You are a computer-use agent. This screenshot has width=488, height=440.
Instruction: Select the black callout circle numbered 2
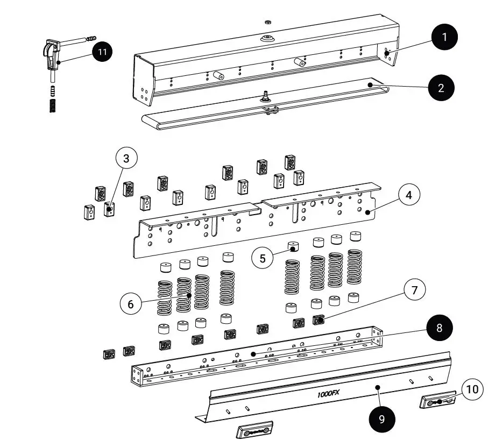coord(441,88)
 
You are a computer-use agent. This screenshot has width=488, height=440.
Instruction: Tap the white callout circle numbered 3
coord(126,159)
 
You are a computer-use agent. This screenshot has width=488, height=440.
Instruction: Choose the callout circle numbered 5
coord(263,258)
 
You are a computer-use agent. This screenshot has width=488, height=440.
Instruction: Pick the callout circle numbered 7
coord(414,290)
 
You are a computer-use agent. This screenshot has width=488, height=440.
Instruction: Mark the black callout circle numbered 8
coord(440,328)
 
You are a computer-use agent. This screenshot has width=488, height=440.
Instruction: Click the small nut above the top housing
coord(267,23)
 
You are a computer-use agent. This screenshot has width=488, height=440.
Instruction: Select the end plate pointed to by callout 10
coord(436,401)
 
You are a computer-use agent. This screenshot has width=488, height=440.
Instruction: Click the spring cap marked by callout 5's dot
coord(293,248)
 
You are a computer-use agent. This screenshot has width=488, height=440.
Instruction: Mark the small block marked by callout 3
coord(109,209)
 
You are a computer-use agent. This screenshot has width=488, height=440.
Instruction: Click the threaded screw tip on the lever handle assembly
coord(91,38)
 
